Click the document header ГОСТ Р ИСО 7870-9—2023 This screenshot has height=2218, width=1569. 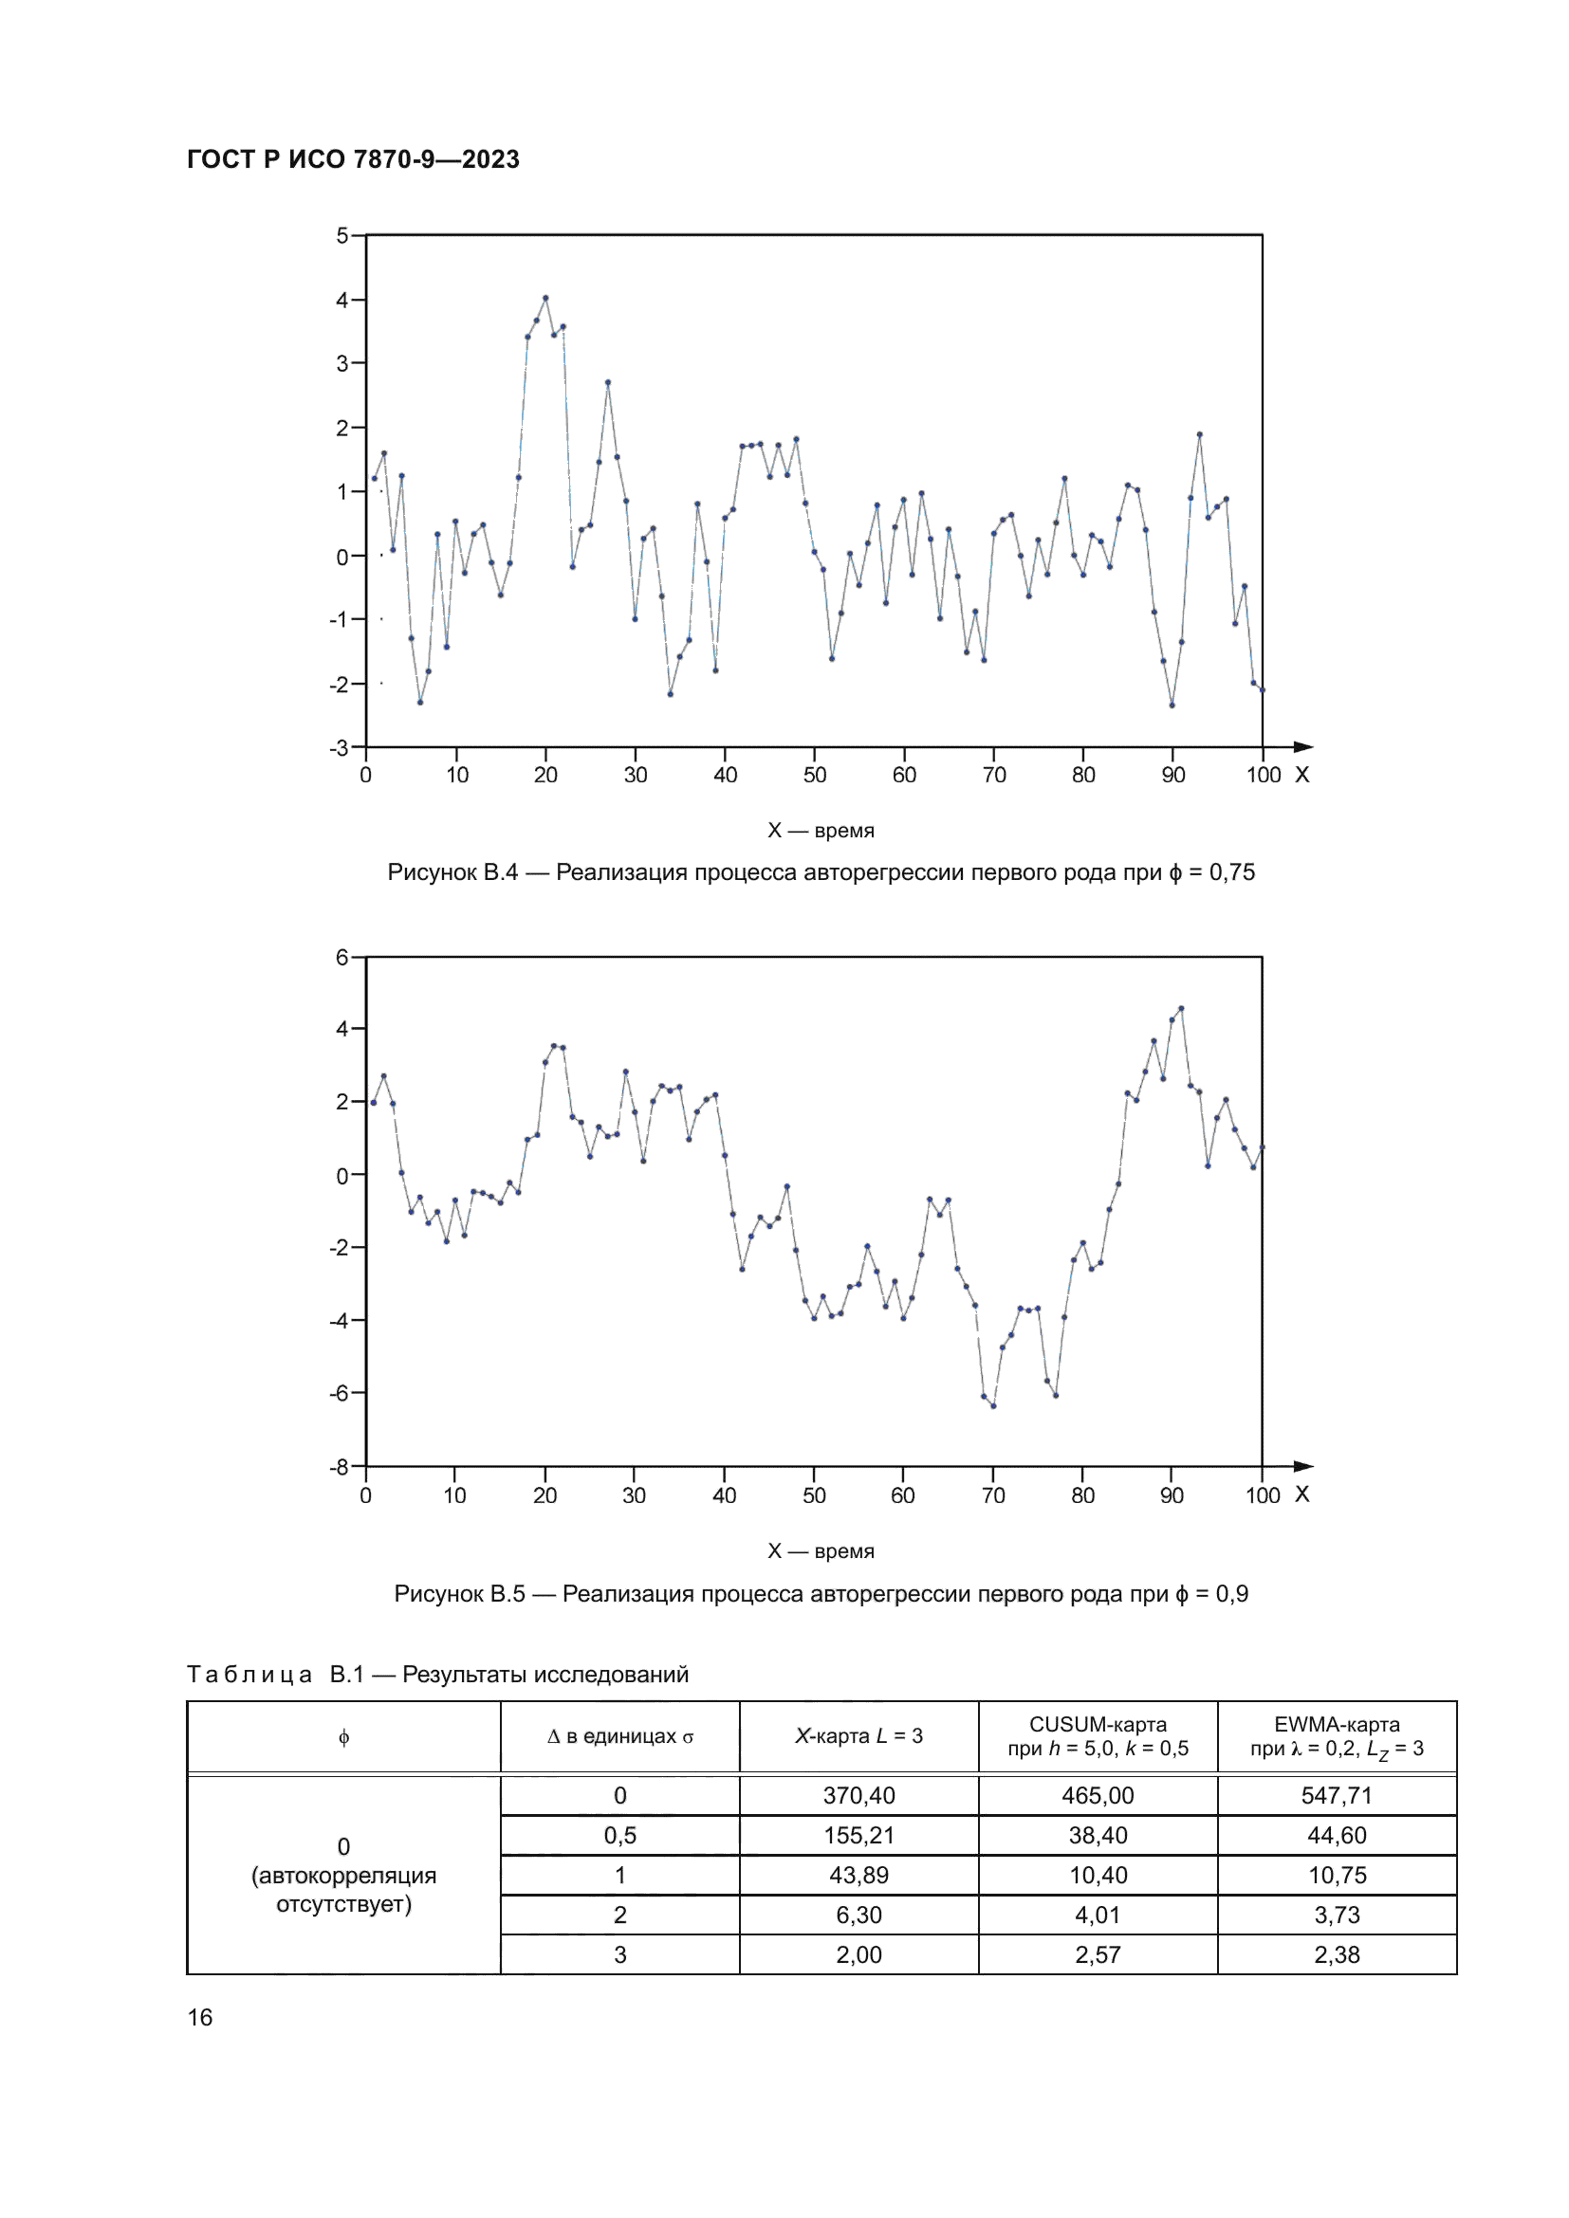tap(353, 159)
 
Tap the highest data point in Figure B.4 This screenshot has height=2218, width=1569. tap(545, 299)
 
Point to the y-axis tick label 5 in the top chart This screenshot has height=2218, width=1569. tap(342, 236)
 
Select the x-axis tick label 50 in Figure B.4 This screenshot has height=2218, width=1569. tap(815, 775)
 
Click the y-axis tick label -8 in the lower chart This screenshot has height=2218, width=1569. tap(339, 1466)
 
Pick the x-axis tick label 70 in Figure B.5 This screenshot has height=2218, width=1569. tap(993, 1495)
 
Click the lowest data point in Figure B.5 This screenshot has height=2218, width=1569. tap(993, 1405)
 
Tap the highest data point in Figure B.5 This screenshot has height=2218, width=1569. tap(1181, 1009)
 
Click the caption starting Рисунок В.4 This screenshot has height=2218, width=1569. tap(821, 872)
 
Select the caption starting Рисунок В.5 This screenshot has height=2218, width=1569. tap(821, 1593)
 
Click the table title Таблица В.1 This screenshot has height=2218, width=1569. tap(437, 1674)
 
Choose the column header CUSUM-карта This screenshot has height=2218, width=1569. tap(1098, 1736)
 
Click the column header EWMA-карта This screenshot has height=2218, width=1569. tap(1337, 1736)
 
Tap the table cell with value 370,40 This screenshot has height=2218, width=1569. tap(858, 1795)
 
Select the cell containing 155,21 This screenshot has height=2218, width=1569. tap(858, 1835)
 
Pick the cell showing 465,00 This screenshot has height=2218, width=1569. tap(1098, 1795)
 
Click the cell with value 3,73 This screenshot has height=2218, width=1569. tap(1337, 1915)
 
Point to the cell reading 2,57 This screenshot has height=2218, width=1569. tap(1098, 1954)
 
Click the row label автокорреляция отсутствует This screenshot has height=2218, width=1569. tap(344, 1889)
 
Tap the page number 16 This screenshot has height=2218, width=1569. tap(200, 2017)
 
